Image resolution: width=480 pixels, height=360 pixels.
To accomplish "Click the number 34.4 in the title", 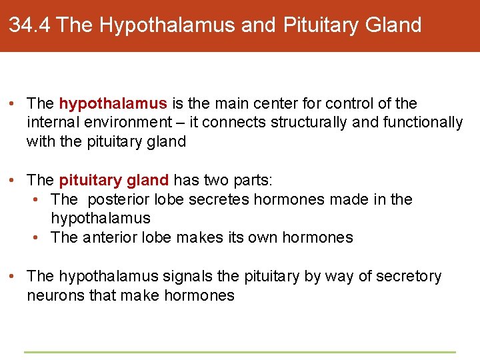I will (x=30, y=25).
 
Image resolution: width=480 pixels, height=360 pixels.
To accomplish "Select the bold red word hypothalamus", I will (x=113, y=103).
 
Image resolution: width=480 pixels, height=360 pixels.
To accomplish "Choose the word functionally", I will (x=423, y=122).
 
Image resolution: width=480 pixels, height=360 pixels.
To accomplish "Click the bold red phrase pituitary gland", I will (x=114, y=181).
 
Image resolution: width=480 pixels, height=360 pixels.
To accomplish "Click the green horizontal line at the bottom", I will (x=240, y=352).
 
